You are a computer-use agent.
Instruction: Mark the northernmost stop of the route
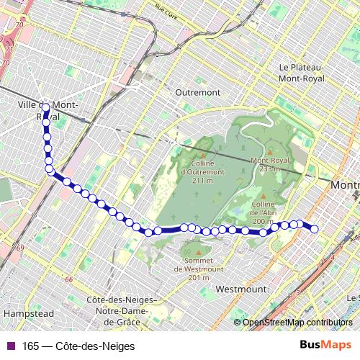pyautogui.click(x=45, y=108)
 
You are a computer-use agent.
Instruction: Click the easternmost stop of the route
pyautogui.click(x=314, y=229)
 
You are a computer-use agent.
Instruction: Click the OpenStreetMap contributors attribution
pyautogui.click(x=297, y=322)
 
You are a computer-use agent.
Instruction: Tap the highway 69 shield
pyautogui.click(x=19, y=248)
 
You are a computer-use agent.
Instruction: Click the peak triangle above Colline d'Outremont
pyautogui.click(x=202, y=154)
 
